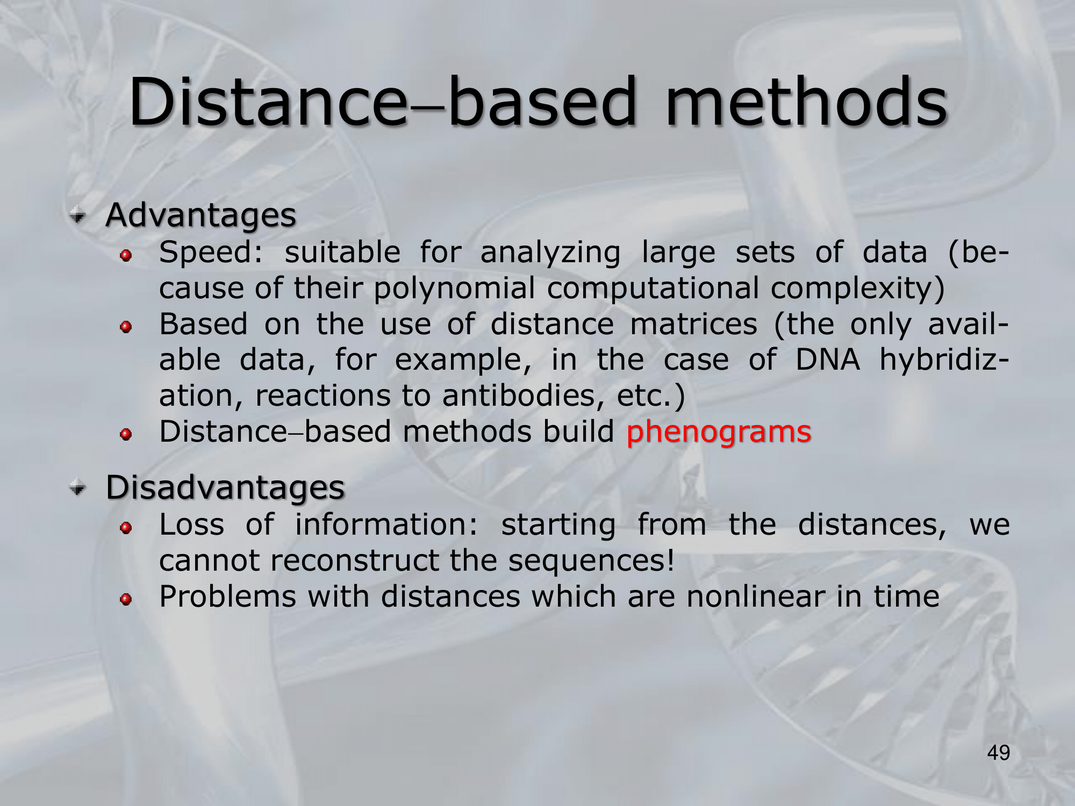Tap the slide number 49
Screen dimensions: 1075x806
click(999, 753)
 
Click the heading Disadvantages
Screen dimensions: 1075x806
click(225, 488)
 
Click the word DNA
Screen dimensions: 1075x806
click(827, 359)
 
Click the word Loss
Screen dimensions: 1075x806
click(192, 524)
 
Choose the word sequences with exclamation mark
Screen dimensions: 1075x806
click(591, 561)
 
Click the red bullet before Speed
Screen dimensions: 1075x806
click(126, 255)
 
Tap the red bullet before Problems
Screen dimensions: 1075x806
click(126, 599)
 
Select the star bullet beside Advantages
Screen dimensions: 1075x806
click(78, 216)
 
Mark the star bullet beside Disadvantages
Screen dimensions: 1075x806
click(78, 488)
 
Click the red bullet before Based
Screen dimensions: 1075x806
click(126, 327)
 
